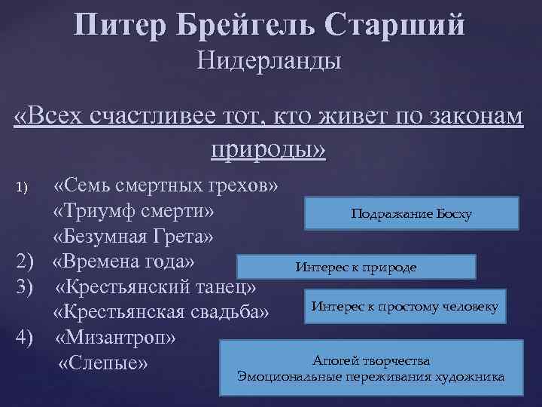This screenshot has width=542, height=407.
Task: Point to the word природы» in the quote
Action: [x=269, y=148]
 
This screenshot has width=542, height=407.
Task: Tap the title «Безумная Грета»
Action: [x=133, y=236]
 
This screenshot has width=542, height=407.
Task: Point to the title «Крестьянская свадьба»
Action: [x=160, y=312]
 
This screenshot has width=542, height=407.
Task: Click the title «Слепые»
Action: [x=102, y=363]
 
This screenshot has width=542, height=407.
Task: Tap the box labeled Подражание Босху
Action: [x=411, y=213]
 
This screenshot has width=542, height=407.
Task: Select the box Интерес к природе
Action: [x=355, y=267]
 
